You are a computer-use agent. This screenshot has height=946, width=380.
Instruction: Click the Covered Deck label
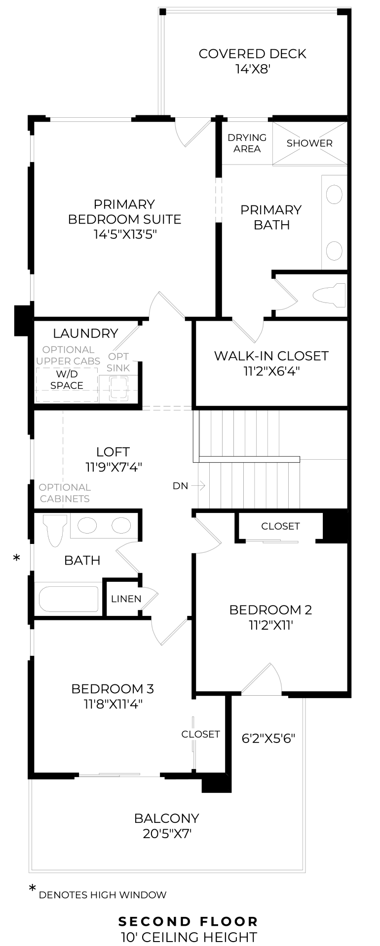coord(252,54)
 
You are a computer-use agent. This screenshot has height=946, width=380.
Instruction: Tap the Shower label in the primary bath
coord(309,143)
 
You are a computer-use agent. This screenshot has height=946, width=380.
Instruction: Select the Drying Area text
coord(247,143)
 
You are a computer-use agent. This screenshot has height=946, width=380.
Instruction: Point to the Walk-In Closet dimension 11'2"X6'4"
coord(271,371)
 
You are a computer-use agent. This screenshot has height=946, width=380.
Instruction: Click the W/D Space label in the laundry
coord(67,380)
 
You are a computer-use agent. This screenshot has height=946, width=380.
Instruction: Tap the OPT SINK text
coord(118,362)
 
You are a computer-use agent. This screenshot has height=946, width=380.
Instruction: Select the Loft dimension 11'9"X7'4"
coord(114,467)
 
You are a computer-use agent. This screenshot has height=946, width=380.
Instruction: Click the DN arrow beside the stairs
coord(198,486)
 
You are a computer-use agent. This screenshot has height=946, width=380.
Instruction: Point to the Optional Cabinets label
coord(65,493)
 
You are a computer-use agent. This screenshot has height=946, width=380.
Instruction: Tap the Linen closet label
coord(126,599)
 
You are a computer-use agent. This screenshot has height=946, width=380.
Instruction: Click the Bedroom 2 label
coord(270,610)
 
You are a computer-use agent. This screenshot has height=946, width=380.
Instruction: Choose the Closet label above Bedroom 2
coord(280,526)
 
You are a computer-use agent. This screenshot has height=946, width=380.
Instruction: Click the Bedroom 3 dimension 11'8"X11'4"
coord(113,704)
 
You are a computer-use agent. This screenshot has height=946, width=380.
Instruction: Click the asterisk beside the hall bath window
coord(17,558)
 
